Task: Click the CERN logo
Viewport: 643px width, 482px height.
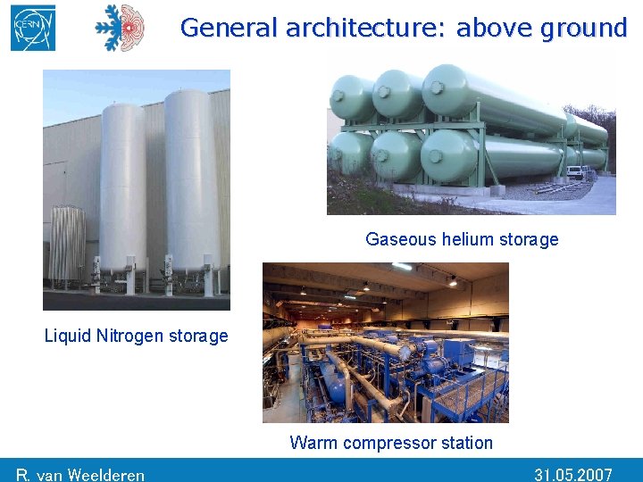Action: click(x=33, y=28)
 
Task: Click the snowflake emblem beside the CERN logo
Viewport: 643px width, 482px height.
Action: click(x=120, y=28)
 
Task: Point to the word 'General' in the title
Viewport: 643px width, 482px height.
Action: click(x=229, y=28)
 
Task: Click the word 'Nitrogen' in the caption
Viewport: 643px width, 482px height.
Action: click(x=134, y=337)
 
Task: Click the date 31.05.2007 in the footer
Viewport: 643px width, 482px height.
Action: click(x=572, y=474)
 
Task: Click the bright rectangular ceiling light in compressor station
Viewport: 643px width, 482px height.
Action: click(x=402, y=267)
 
